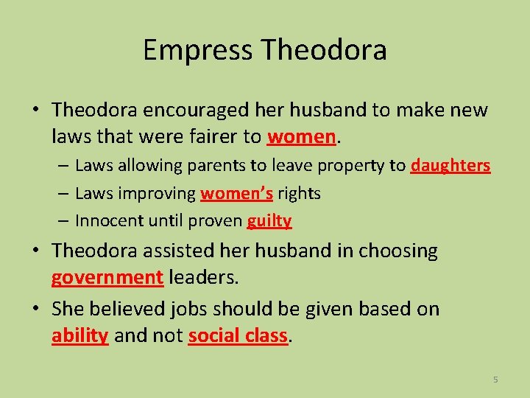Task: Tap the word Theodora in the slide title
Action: [x=324, y=50]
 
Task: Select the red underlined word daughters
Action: [x=451, y=165]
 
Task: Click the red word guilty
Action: [x=269, y=220]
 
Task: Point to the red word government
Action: [x=107, y=278]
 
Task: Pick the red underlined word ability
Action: [x=80, y=335]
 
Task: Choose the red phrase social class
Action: [x=238, y=335]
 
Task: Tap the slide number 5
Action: [x=495, y=380]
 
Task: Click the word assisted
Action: [x=179, y=251]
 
